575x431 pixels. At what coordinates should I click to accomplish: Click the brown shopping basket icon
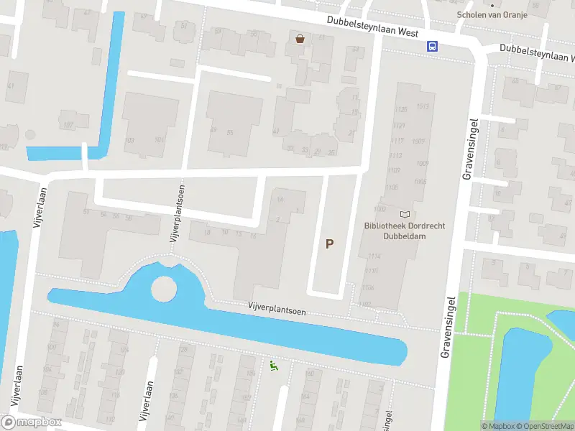300,39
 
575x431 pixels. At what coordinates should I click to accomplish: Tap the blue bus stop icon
432,46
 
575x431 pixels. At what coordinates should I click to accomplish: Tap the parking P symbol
329,244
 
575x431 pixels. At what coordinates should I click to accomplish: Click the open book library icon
405,214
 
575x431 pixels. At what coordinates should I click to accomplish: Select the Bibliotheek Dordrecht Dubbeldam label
405,230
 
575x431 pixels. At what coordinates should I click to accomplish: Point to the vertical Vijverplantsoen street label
175,211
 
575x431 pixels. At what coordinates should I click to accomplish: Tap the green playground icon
272,366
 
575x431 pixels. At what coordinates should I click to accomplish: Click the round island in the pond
164,289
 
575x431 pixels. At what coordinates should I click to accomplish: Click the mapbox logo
32,422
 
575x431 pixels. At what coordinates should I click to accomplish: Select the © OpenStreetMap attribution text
545,426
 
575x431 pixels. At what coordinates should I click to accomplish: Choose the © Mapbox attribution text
497,426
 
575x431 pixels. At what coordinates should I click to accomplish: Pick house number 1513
422,107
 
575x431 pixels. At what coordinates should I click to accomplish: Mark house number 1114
372,256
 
